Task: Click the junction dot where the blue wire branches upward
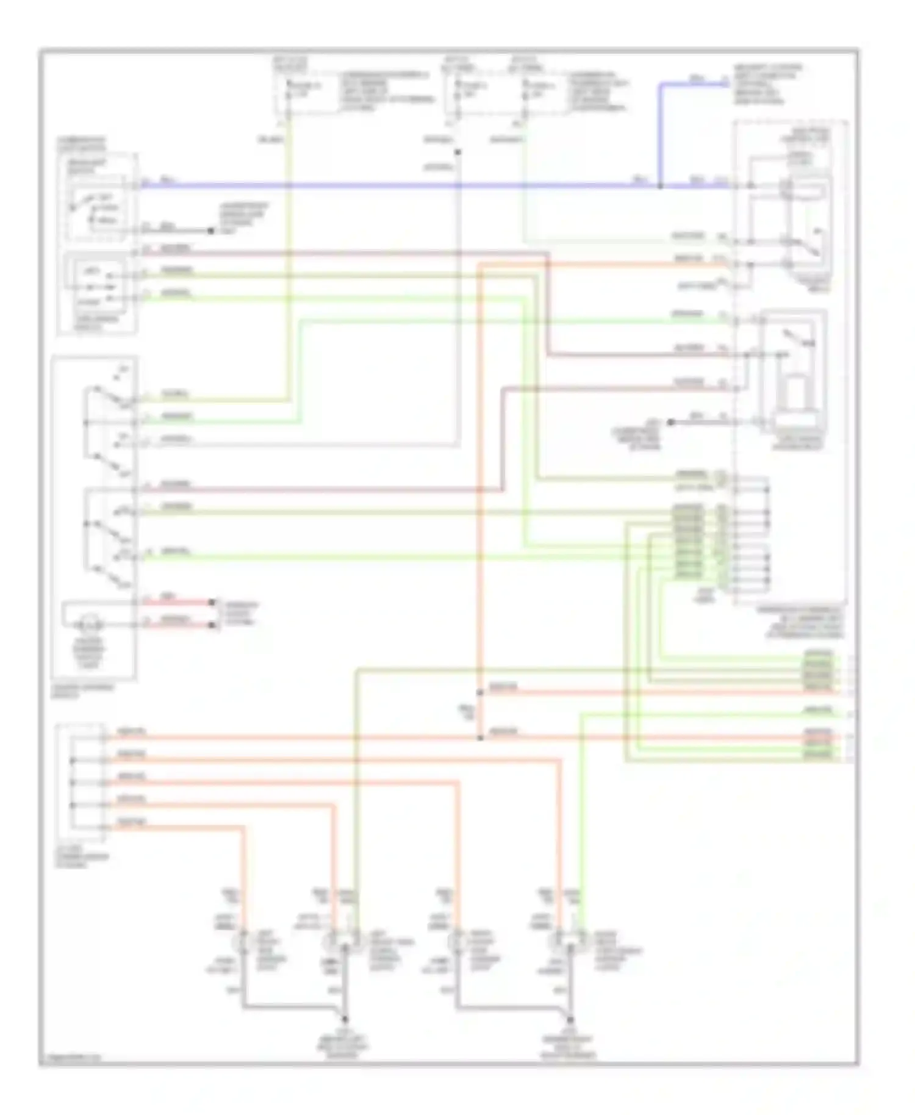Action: [x=660, y=185]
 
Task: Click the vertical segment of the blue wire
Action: [x=659, y=134]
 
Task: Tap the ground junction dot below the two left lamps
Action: [x=345, y=1019]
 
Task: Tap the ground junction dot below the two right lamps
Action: [x=570, y=1019]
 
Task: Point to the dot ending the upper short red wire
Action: [x=212, y=603]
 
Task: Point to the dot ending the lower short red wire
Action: [x=212, y=625]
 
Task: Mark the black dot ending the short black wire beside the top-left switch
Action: [x=210, y=231]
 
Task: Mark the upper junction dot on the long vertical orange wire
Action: [x=480, y=693]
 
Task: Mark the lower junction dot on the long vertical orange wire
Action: [x=480, y=738]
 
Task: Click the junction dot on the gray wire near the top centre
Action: [x=457, y=152]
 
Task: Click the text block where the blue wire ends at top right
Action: [x=766, y=84]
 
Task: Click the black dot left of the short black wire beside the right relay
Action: [x=670, y=422]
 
